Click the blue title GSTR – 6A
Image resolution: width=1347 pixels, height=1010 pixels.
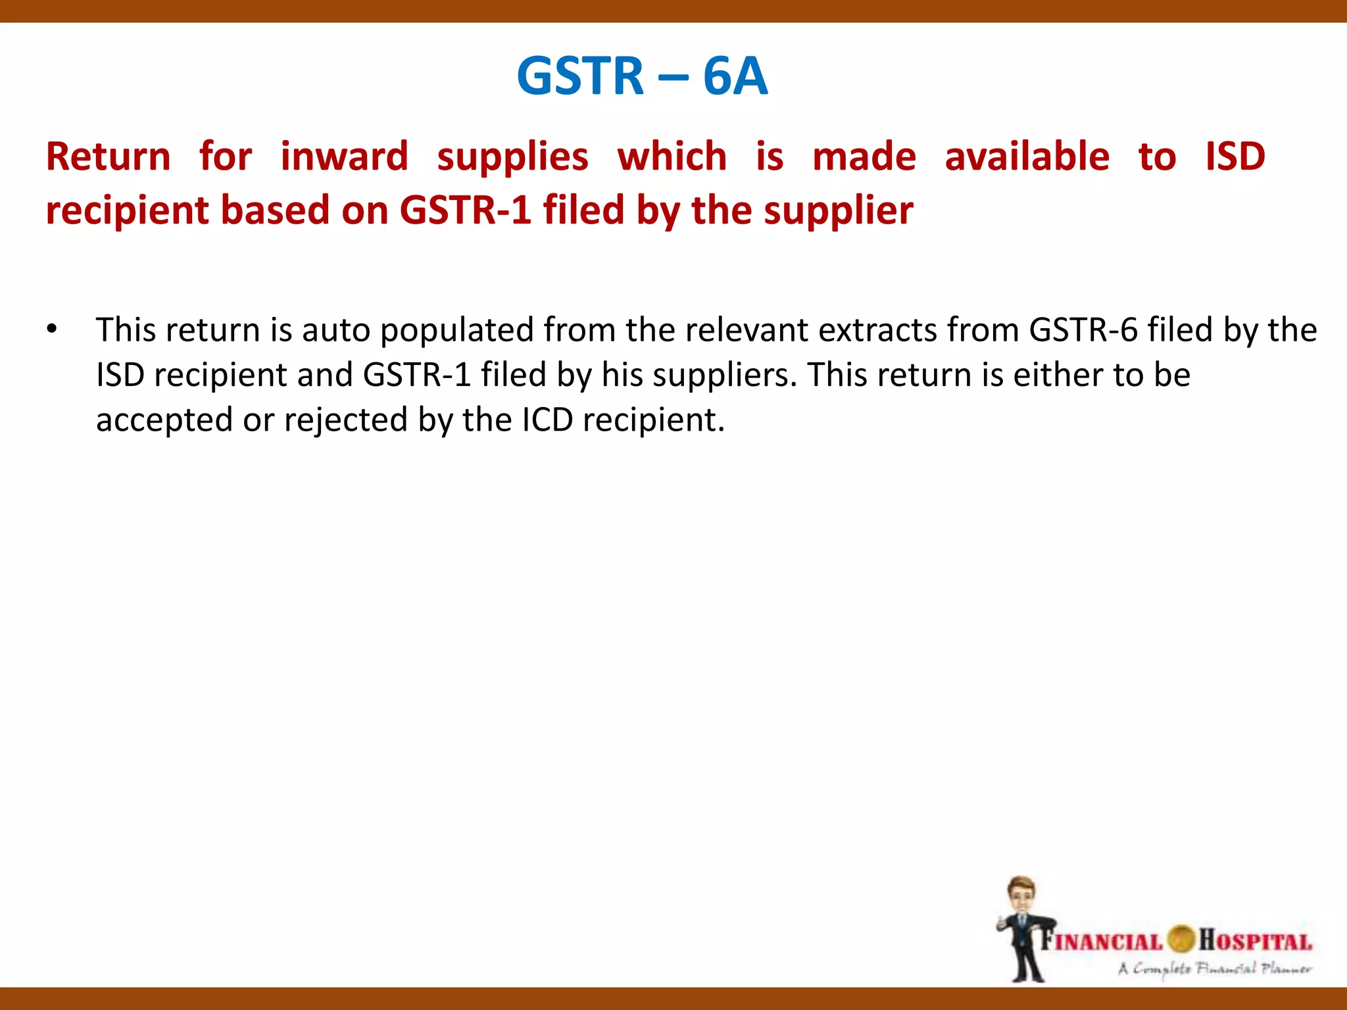[x=642, y=76]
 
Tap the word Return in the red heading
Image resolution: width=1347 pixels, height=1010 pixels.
[x=109, y=157]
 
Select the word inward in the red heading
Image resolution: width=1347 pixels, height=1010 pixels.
[x=344, y=157]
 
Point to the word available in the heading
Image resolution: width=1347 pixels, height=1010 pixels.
[x=1027, y=157]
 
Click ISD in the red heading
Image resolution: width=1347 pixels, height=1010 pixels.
[x=1235, y=157]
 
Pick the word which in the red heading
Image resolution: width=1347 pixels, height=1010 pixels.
[x=672, y=157]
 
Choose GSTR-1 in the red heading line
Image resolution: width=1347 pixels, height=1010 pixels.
[x=465, y=211]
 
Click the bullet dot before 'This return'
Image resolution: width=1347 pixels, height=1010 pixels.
[x=52, y=329]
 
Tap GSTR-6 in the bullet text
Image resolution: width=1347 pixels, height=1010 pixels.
[x=1083, y=330]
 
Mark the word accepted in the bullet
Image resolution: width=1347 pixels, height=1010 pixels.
[x=164, y=421]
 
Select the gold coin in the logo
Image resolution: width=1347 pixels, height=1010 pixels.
[x=1181, y=939]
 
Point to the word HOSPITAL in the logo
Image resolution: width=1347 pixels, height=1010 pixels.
[x=1255, y=940]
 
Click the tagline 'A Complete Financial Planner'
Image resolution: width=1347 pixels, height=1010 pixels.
[x=1214, y=969]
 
